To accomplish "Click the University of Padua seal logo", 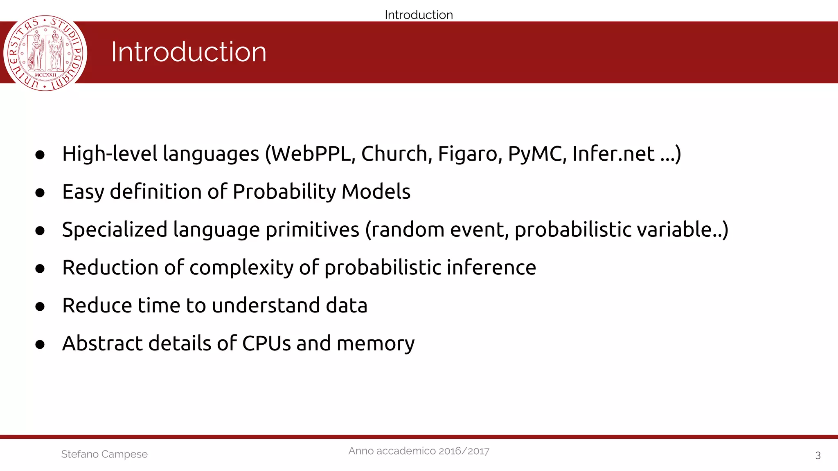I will (45, 53).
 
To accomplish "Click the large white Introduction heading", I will (189, 52).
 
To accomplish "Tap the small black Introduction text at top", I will (419, 15).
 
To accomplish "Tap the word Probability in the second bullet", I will (284, 192).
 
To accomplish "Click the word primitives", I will (312, 230).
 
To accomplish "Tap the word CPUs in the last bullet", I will (266, 343).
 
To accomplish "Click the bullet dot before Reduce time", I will (40, 306).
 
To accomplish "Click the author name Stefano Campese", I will (104, 454).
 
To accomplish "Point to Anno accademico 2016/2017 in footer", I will (419, 451).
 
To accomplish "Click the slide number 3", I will (818, 455).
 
